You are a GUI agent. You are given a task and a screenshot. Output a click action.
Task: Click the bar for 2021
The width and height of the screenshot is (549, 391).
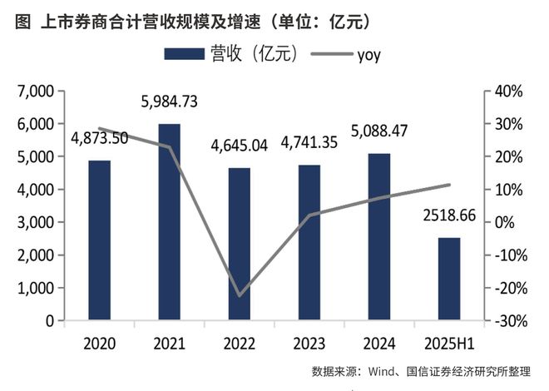(169, 222)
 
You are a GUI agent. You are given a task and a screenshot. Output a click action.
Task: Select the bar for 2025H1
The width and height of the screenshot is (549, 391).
(448, 279)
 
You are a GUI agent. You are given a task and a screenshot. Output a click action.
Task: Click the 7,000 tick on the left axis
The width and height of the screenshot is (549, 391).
(35, 91)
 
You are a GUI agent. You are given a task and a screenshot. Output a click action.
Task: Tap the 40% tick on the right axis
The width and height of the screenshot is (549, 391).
(507, 91)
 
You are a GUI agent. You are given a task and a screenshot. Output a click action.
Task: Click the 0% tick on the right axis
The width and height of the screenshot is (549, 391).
(510, 223)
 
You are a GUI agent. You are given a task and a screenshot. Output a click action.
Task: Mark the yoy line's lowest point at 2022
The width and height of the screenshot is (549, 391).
(239, 295)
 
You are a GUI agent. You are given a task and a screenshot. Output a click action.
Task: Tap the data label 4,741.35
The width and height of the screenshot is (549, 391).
(309, 143)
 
